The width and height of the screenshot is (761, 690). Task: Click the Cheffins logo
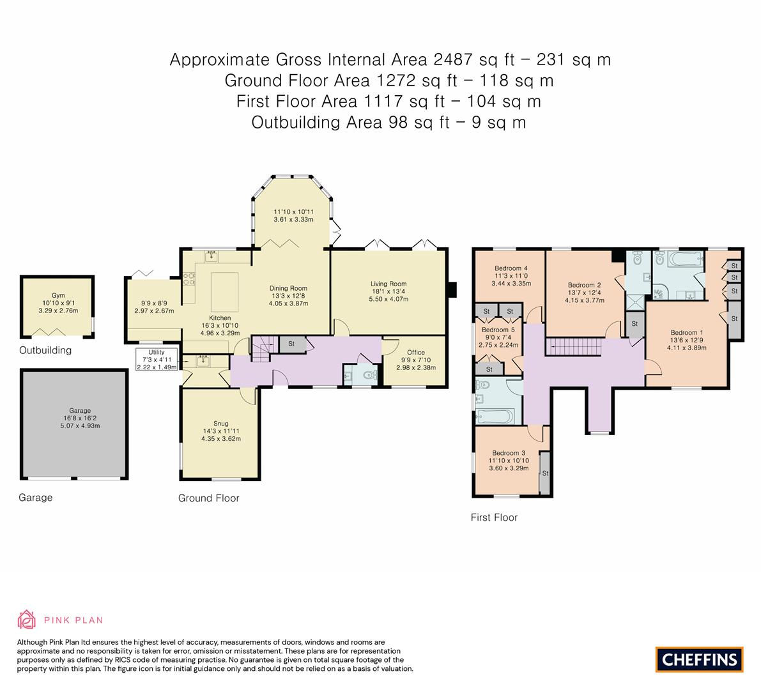699,659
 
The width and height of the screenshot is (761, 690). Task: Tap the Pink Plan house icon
27,620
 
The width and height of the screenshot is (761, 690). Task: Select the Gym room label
58,295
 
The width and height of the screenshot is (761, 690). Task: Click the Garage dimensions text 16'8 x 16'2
80,418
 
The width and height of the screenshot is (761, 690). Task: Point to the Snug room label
221,423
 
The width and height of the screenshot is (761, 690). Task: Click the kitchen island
225,291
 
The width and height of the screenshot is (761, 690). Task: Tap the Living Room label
388,284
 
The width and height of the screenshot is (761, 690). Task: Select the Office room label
416,352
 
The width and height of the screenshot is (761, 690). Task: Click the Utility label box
157,360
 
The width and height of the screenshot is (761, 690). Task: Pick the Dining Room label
288,288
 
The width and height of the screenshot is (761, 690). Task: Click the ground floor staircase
261,349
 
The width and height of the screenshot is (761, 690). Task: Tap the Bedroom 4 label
511,268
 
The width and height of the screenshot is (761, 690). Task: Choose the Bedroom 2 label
585,285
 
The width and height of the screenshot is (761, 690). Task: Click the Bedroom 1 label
687,332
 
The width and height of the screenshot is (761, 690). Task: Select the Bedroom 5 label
498,330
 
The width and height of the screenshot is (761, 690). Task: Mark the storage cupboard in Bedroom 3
544,473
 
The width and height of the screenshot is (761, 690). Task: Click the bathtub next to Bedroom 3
495,417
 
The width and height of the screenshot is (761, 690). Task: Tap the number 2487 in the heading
453,59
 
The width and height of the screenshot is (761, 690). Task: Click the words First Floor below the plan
494,517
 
